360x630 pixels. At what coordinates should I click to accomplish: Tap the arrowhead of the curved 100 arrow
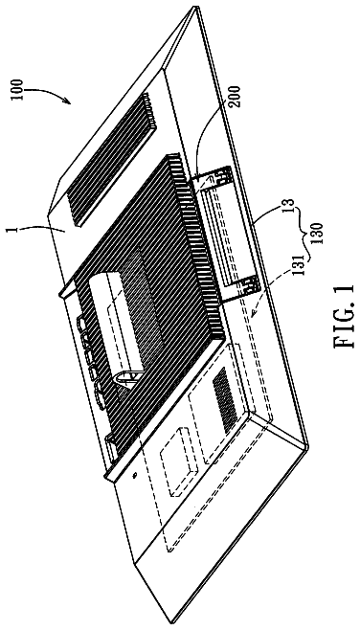[68, 100]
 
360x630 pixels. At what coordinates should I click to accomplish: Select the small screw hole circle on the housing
[135, 475]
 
